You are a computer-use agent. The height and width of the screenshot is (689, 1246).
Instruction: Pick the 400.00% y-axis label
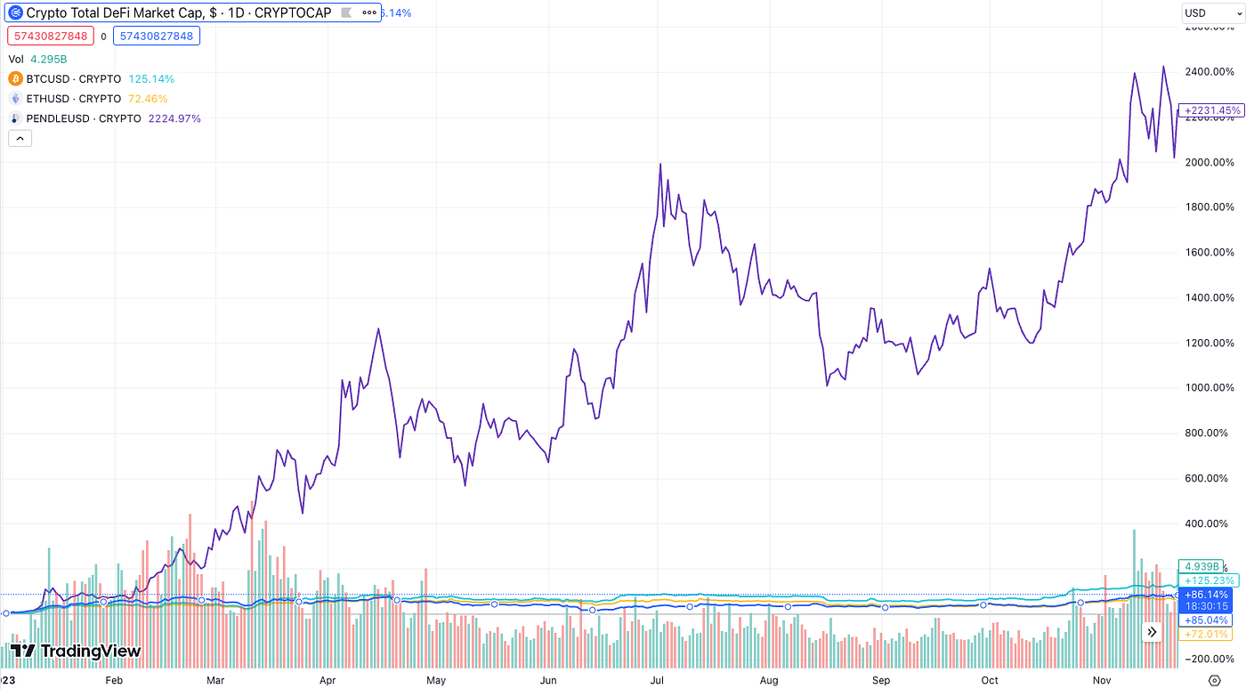point(1210,523)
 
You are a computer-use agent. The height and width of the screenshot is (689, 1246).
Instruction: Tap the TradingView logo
point(76,651)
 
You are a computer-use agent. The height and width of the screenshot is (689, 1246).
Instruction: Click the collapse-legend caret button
point(20,138)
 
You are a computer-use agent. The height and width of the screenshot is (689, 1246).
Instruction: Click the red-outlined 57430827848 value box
point(49,36)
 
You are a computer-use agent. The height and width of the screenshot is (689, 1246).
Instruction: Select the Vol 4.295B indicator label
point(38,60)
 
